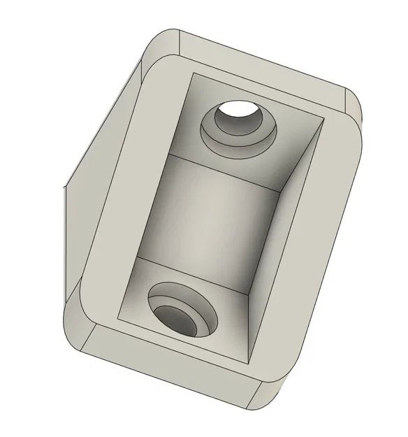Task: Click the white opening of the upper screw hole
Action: [238, 109]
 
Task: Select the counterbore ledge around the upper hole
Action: [238, 140]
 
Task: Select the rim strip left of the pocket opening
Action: [126, 196]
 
